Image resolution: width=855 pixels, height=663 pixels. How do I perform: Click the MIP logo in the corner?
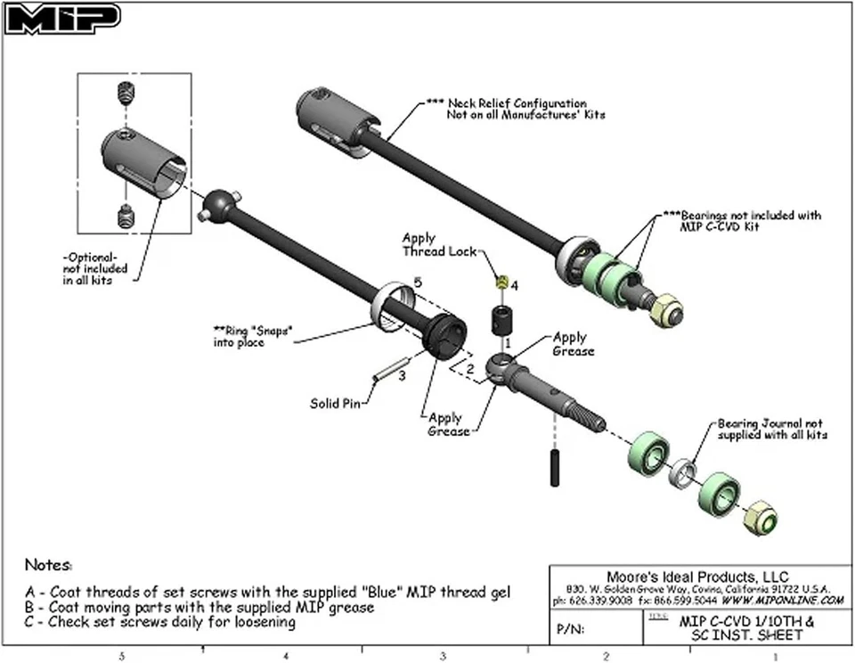62,19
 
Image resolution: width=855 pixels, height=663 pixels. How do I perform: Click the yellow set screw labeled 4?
501,282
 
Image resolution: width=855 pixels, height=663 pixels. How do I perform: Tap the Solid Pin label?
336,403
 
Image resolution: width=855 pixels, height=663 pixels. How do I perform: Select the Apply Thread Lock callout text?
426,245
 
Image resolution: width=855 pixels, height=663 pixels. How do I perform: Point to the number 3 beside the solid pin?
402,376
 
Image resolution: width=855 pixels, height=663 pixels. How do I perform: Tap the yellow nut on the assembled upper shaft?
665,311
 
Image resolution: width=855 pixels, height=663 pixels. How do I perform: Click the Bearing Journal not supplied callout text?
771,429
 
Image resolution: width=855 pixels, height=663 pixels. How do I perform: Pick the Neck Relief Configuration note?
517,109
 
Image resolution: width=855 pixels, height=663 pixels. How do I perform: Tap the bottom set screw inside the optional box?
126,215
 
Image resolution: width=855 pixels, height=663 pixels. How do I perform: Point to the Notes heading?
48,564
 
